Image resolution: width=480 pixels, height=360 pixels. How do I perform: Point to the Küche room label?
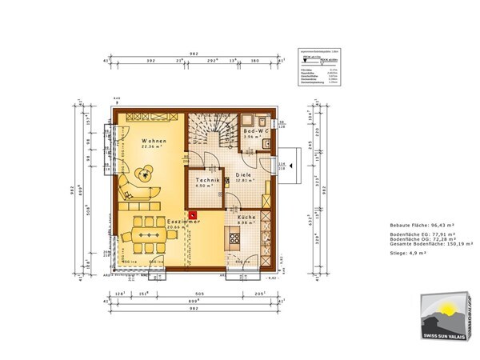[246, 217]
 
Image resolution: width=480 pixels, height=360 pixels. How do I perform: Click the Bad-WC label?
[256, 130]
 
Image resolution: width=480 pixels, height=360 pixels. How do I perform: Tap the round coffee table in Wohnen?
[145, 170]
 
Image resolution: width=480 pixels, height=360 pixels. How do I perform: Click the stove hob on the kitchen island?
[235, 238]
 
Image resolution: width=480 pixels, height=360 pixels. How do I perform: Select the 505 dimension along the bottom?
[202, 294]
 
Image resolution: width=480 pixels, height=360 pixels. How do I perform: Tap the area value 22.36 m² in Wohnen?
[152, 146]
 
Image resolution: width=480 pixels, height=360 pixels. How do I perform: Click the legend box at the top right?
[318, 63]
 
